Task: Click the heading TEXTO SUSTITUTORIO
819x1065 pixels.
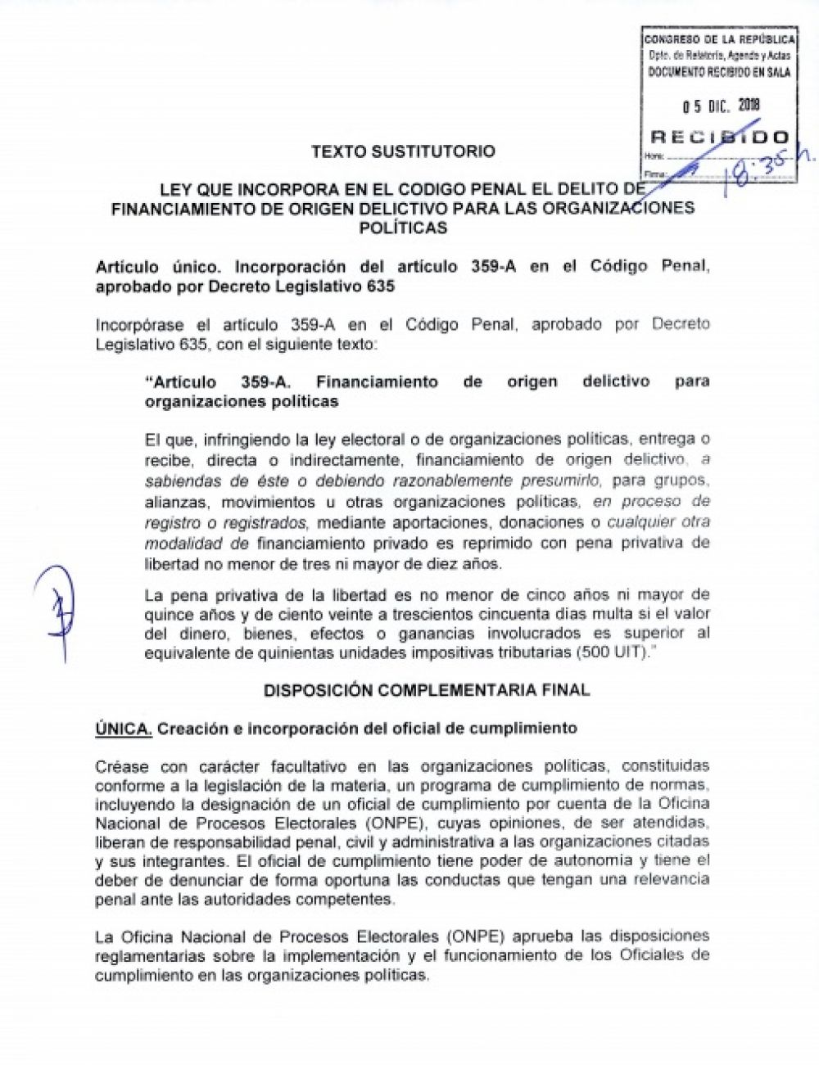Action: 403,151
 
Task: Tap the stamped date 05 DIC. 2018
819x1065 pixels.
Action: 722,105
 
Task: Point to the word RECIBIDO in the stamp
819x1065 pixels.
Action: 720,137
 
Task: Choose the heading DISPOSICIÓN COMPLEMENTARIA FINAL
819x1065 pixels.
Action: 426,690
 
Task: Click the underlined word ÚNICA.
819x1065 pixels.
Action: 124,729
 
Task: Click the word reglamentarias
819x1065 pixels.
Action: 149,955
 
